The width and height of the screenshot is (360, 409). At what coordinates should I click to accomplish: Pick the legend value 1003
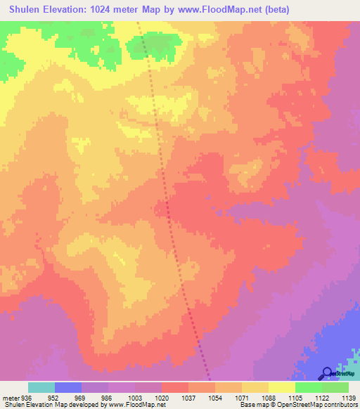click(x=134, y=396)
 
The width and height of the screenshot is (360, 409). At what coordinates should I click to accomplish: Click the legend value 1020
click(x=160, y=396)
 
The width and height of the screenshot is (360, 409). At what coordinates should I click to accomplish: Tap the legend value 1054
click(x=214, y=396)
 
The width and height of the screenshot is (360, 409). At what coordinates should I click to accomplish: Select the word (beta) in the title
click(x=274, y=10)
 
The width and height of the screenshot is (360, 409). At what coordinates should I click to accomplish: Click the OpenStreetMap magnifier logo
click(x=327, y=373)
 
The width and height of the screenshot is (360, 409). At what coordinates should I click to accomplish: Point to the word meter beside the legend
click(x=10, y=396)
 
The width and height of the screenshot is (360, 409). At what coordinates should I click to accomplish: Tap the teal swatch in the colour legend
click(x=41, y=387)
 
